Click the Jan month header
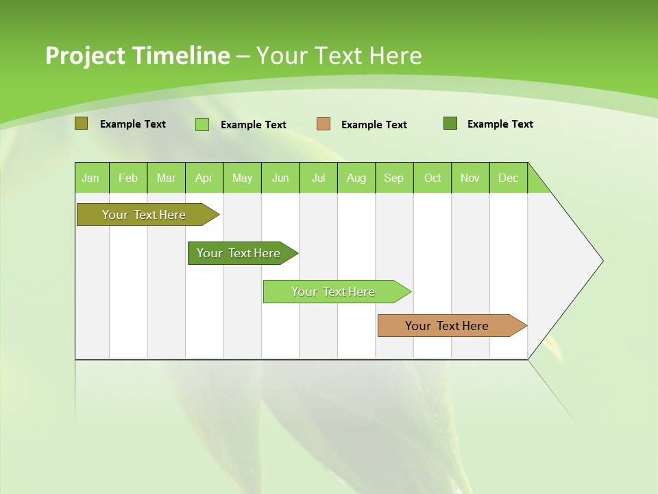pyautogui.click(x=91, y=178)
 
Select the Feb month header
pyautogui.click(x=128, y=178)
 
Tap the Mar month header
pyautogui.click(x=166, y=178)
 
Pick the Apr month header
pyautogui.click(x=204, y=178)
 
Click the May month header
pyautogui.click(x=242, y=178)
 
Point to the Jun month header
pyautogui.click(x=280, y=178)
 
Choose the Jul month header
pyautogui.click(x=318, y=178)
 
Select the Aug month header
pyautogui.click(x=356, y=178)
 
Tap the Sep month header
pyautogui.click(x=394, y=178)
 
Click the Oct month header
pyautogui.click(x=432, y=178)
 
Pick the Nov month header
pyautogui.click(x=470, y=178)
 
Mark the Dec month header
pyautogui.click(x=509, y=178)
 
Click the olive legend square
pyautogui.click(x=82, y=123)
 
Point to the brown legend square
pyautogui.click(x=324, y=124)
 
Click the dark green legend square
pyautogui.click(x=450, y=123)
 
